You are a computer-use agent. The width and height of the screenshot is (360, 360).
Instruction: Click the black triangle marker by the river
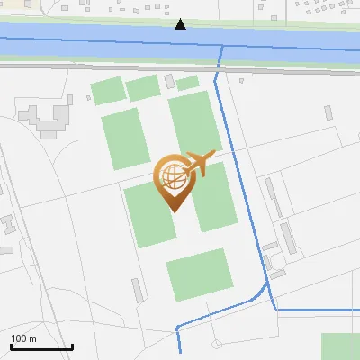point(181,23)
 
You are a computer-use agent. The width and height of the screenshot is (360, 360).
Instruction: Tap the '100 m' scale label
point(23,338)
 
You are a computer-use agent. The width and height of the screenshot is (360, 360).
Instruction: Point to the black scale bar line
point(41,346)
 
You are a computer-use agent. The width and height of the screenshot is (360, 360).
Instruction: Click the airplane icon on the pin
point(200,165)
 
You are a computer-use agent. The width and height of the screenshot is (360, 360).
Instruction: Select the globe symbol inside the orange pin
point(171,177)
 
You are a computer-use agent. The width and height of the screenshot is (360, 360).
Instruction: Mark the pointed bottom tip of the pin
point(173,211)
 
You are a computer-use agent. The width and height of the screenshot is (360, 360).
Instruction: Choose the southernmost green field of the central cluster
point(200,274)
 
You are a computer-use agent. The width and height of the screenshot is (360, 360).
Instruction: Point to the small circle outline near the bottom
point(217,344)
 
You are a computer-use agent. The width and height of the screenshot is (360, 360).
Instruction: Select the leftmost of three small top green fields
point(108,91)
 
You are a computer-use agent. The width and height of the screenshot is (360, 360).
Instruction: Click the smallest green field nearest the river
point(187,83)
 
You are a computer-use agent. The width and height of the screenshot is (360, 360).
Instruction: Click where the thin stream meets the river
point(220,49)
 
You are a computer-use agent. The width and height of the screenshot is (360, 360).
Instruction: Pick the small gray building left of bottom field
point(138,290)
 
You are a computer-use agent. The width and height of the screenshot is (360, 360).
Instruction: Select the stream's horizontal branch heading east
point(315,310)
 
